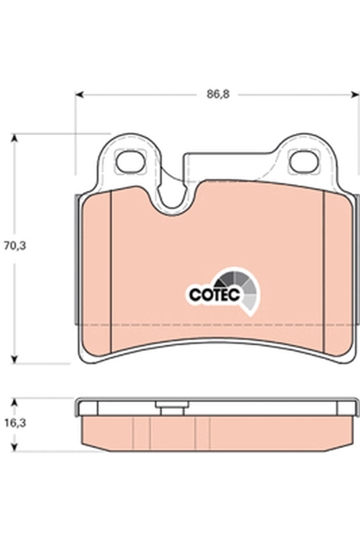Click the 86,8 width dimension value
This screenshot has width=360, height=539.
pos(218,95)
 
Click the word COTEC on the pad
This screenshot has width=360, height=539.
pos(209,294)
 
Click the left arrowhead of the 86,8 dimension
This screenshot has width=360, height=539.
pos(78,95)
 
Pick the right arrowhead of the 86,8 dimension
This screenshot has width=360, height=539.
pos(355,95)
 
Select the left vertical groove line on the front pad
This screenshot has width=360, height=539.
pos(109,269)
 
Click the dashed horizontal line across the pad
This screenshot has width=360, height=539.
pos(216,325)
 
